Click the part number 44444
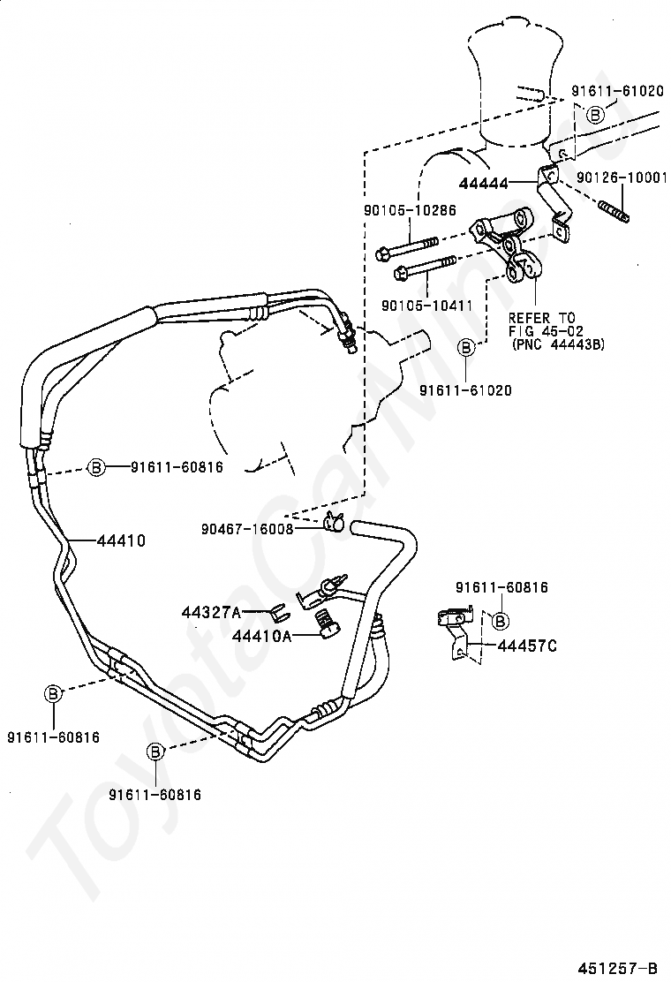tap(483, 184)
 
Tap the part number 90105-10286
tap(410, 210)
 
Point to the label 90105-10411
tap(427, 306)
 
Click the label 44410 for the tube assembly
tap(121, 540)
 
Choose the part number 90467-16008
tap(247, 529)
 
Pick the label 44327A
tap(211, 612)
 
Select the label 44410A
tap(261, 637)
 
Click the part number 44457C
tap(526, 646)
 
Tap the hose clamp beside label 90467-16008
tap(335, 521)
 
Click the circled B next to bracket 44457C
tap(500, 621)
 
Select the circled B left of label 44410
tap(95, 466)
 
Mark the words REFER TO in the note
tap(541, 318)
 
